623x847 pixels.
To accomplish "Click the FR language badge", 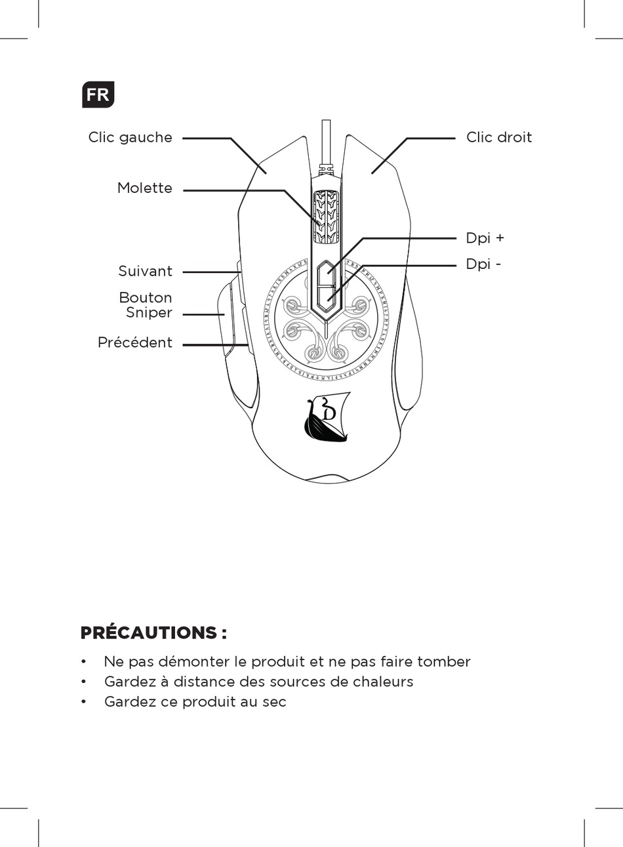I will (x=98, y=94).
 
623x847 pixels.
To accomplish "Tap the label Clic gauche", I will (x=130, y=138).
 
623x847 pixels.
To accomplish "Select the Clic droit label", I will (x=498, y=138).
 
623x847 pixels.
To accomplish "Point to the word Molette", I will (x=144, y=188).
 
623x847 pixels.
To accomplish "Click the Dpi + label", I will (x=485, y=238).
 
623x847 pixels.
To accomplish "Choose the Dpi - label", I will (x=483, y=264).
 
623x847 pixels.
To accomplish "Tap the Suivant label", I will (x=145, y=272).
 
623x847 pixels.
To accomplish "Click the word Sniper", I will (x=149, y=313).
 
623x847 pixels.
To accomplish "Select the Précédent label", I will (x=134, y=342).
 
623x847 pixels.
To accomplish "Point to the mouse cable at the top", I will (x=325, y=141).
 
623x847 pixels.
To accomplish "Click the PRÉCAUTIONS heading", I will (x=153, y=633).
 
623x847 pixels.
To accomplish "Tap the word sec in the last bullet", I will (x=274, y=702).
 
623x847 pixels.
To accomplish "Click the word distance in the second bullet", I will (x=203, y=682).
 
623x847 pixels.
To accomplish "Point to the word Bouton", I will (x=146, y=298).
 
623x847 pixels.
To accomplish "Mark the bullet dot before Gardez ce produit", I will (x=84, y=702).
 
